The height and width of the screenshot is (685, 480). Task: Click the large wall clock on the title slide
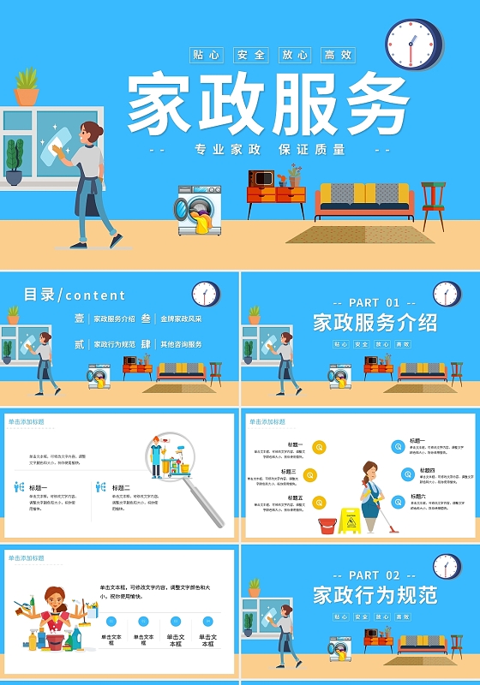[413, 44]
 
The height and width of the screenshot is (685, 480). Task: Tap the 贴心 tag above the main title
[207, 55]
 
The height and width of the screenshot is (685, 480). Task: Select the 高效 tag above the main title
[338, 55]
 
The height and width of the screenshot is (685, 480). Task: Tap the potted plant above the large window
[27, 86]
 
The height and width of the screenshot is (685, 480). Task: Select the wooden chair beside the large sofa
[434, 203]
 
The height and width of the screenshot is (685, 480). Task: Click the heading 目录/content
[75, 295]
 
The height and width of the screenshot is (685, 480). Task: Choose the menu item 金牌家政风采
[181, 319]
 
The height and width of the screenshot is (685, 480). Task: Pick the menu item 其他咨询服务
[181, 344]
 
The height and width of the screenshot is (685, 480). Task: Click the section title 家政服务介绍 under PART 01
[375, 324]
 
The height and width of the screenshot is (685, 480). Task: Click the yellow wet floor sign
[349, 521]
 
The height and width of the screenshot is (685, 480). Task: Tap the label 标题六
[417, 497]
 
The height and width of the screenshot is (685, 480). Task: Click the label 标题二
[121, 488]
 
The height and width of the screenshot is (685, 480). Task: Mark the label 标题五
[295, 497]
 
